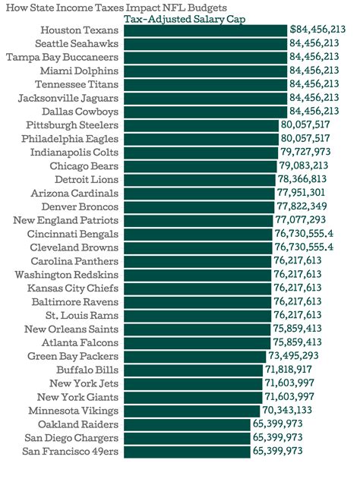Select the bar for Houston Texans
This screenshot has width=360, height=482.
(x=204, y=30)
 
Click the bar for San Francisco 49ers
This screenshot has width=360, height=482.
(x=186, y=451)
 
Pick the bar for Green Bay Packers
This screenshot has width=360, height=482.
(x=194, y=355)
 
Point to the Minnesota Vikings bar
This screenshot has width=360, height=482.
(x=191, y=410)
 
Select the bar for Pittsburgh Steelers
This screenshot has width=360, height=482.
(x=201, y=125)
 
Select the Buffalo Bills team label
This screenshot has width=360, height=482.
(x=87, y=369)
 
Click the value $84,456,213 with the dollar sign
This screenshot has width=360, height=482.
(x=317, y=30)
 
